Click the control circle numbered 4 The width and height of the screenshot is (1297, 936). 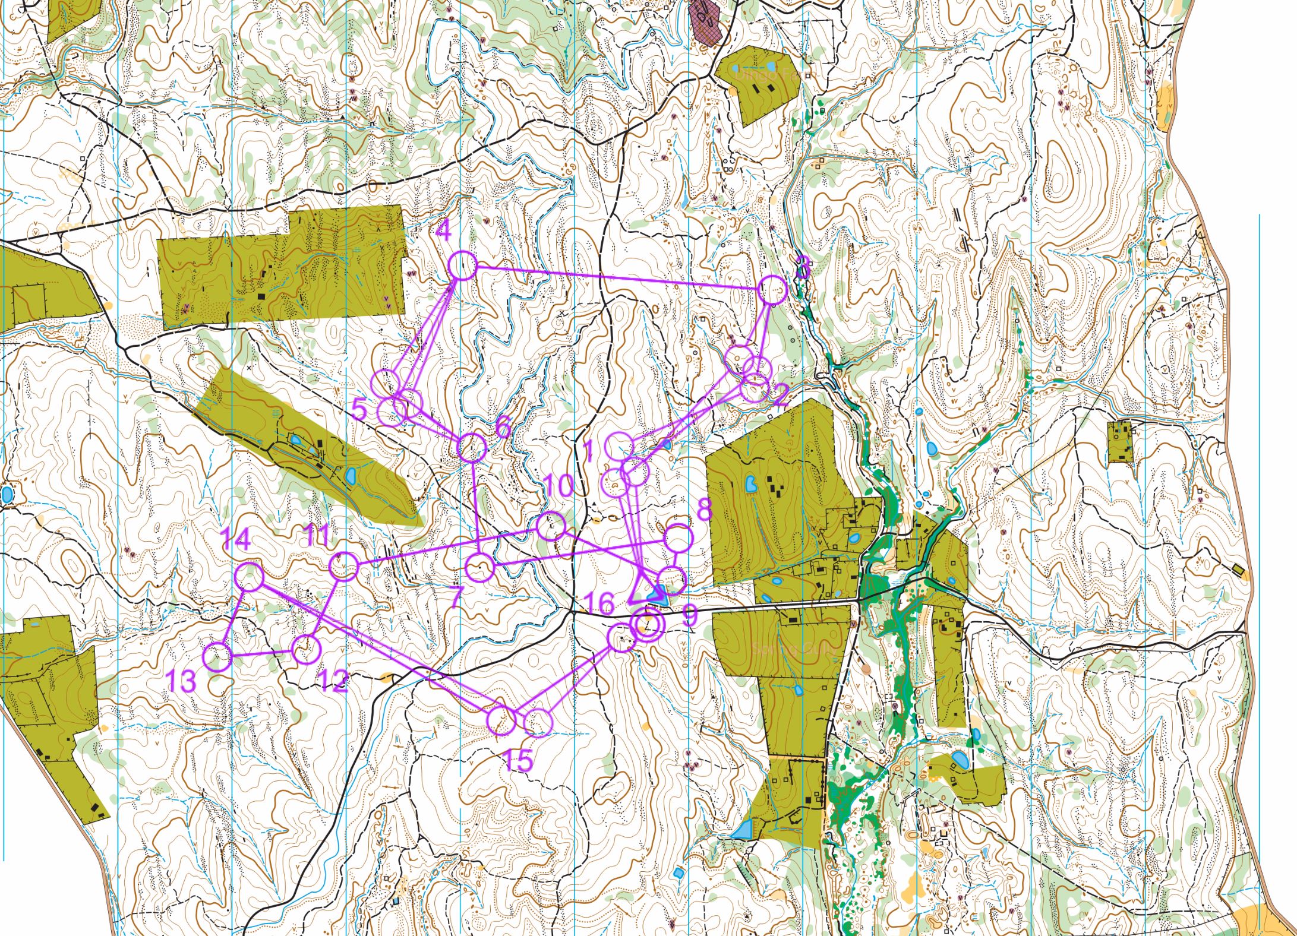tap(462, 265)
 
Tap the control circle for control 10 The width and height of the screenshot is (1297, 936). tap(551, 526)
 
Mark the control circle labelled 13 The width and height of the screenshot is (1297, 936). tap(217, 657)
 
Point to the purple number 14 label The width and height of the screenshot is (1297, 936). tap(236, 541)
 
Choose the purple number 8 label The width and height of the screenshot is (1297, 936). tap(704, 509)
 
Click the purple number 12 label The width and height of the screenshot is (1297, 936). tap(332, 681)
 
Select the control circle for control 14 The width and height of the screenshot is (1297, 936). tap(250, 577)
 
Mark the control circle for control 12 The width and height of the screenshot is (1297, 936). tap(307, 650)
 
